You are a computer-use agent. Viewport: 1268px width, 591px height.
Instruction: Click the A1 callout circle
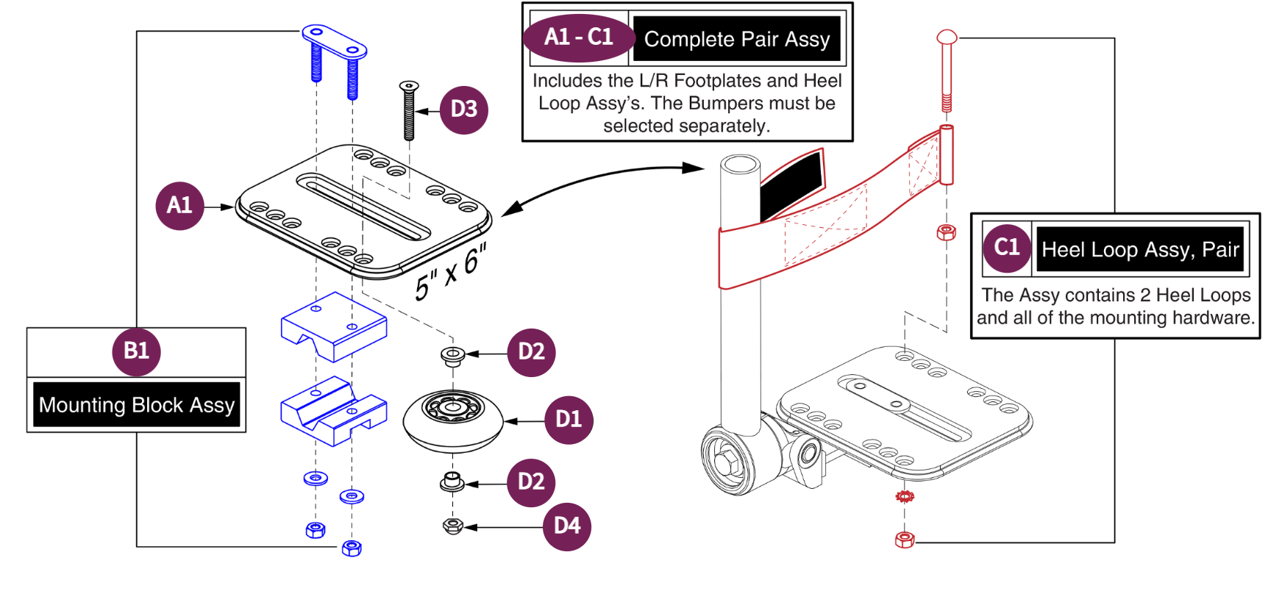(179, 206)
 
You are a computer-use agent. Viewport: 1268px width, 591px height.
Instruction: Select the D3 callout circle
(463, 110)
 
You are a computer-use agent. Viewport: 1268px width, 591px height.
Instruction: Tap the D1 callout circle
(569, 420)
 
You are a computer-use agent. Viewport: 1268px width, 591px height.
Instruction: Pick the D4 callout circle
(567, 526)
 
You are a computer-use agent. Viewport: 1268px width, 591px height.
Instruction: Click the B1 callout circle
(136, 351)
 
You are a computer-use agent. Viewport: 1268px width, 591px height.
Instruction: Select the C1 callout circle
(1006, 248)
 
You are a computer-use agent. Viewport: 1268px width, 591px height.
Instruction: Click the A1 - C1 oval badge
(579, 37)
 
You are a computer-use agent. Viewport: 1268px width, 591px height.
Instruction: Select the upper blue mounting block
(333, 326)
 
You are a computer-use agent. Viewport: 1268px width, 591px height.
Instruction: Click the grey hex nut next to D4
(453, 526)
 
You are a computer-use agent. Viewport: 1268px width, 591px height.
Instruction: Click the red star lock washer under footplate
(905, 497)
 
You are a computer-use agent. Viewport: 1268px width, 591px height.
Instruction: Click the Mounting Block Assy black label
(137, 405)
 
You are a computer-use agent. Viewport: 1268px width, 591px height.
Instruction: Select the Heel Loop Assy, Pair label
(1139, 250)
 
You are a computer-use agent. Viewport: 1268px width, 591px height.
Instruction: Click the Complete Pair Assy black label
(737, 40)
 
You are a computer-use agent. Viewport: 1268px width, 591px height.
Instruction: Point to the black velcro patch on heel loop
(791, 184)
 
